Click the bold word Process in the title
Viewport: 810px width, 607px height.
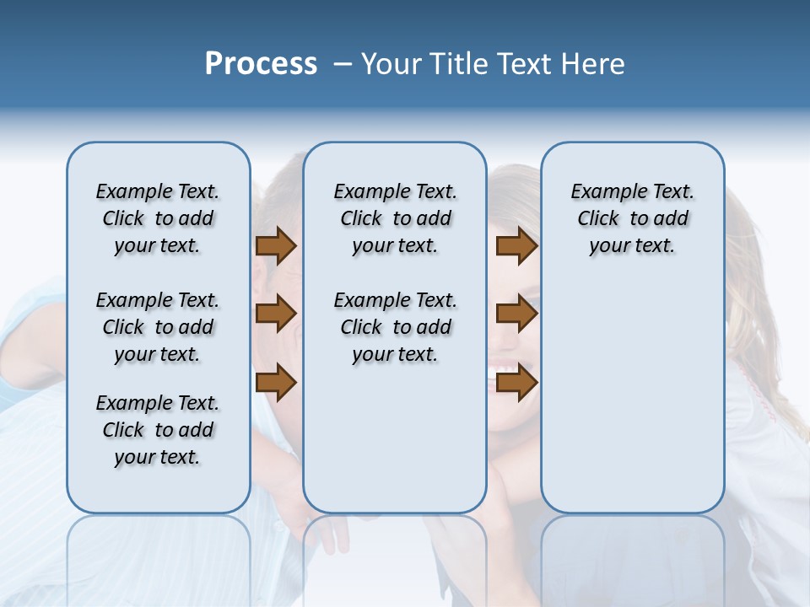click(x=261, y=64)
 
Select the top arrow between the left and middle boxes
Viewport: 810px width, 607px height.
click(x=276, y=245)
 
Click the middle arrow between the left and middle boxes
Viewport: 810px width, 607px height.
click(x=276, y=314)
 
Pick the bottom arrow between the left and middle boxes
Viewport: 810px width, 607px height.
click(x=276, y=384)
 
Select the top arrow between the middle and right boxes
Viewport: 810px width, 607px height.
click(x=516, y=245)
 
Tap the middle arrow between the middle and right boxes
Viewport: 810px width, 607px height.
click(x=516, y=314)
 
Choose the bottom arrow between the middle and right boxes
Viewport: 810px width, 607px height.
click(x=516, y=384)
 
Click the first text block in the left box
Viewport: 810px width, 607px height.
click(x=158, y=218)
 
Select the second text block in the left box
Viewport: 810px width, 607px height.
click(x=158, y=327)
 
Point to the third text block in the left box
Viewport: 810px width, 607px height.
click(x=158, y=430)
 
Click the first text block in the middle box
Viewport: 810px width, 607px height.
click(x=395, y=218)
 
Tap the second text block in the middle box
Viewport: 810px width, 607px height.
click(x=395, y=327)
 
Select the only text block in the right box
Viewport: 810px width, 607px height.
click(x=632, y=218)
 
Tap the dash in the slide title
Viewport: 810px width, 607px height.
click(x=343, y=64)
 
